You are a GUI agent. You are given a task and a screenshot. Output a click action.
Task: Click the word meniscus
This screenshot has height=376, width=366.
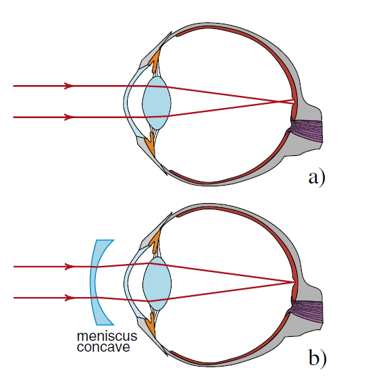click(107, 336)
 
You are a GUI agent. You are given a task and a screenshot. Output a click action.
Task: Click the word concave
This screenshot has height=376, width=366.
click(103, 347)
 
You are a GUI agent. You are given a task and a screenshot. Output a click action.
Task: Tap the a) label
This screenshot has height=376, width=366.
click(317, 178)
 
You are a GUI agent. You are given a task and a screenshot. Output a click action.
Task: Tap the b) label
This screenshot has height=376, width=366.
click(317, 358)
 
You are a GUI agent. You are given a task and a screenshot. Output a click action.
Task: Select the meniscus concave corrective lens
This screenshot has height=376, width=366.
click(94, 282)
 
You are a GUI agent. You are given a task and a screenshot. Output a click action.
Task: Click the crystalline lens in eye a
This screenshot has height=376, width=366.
click(157, 103)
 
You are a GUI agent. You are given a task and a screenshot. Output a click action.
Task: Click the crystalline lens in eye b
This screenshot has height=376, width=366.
click(157, 284)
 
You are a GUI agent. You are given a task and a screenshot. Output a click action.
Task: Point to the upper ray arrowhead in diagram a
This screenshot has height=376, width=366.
click(68, 86)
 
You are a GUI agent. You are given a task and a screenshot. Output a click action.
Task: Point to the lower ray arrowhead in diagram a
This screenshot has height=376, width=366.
click(68, 117)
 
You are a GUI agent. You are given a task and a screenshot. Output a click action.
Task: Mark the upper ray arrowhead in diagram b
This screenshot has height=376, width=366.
click(69, 267)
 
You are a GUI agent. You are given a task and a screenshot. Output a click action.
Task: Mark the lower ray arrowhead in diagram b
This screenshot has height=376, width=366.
click(69, 298)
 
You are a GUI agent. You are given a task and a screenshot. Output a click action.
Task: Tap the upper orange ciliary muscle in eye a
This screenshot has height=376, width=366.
click(155, 61)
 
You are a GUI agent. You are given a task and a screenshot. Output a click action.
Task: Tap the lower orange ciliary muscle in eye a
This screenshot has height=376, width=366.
click(151, 144)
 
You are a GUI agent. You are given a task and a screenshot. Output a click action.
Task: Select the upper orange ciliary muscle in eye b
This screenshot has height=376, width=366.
click(155, 242)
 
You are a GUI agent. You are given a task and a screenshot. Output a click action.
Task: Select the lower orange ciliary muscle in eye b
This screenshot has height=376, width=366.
click(151, 325)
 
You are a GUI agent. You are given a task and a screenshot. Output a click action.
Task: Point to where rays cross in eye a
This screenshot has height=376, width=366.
click(278, 101)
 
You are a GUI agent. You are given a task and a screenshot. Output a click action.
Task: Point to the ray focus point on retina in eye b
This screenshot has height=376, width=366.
click(294, 282)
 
